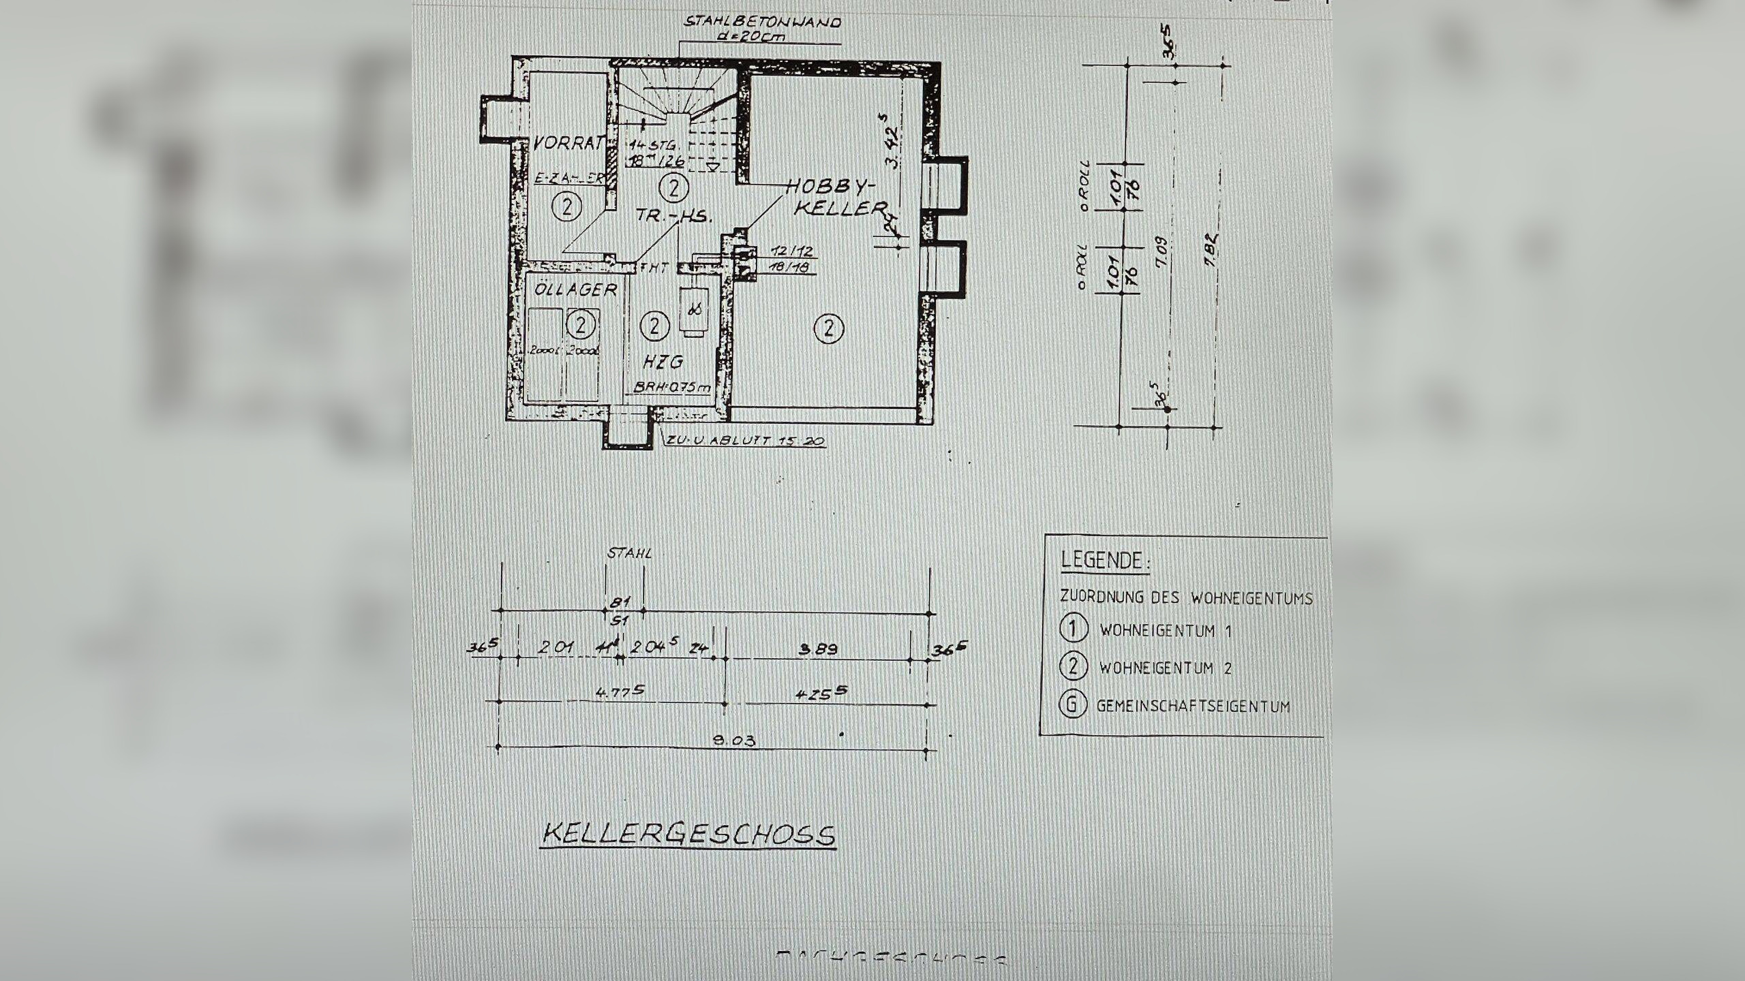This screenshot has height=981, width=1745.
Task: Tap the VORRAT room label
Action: tap(568, 144)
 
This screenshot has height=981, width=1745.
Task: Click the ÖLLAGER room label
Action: tap(575, 290)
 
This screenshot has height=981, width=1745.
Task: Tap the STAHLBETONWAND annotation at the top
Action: tap(762, 22)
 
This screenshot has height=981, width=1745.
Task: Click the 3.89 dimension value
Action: tap(817, 649)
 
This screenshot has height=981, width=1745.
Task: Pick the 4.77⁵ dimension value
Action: tap(619, 691)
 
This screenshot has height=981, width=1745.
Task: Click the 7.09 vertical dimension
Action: tap(1162, 253)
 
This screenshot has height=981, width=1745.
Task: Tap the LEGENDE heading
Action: tap(1104, 561)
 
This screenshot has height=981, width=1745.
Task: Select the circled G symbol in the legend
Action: tap(1072, 704)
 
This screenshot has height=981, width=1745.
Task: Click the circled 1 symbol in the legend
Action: tap(1073, 628)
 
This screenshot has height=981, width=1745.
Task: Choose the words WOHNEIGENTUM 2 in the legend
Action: tap(1165, 668)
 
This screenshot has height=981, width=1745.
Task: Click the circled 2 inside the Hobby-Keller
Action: tap(829, 329)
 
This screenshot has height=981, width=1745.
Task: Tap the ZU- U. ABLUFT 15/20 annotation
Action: tap(746, 441)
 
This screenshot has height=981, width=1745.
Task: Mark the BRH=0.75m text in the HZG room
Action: tap(672, 387)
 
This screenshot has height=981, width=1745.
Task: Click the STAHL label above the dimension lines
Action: tap(628, 553)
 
